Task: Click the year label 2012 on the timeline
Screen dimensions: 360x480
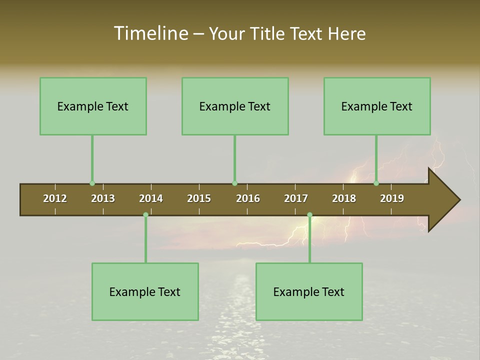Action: click(x=55, y=198)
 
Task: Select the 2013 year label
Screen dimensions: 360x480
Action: click(x=103, y=198)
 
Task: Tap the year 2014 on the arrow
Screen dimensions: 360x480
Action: click(x=151, y=198)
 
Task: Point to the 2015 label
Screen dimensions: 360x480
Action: click(x=199, y=198)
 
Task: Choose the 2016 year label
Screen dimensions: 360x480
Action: click(x=248, y=198)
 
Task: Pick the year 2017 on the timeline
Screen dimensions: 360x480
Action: click(x=296, y=198)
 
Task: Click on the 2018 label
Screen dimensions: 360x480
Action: click(x=344, y=198)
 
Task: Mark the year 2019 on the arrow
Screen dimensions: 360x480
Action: click(x=392, y=198)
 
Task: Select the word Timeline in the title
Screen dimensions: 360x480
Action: click(x=150, y=33)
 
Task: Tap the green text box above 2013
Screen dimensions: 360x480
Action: click(x=93, y=106)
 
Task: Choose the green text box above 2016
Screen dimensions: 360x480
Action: click(x=235, y=106)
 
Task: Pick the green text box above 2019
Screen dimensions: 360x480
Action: click(x=377, y=106)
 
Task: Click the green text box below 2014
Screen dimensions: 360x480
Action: click(x=145, y=291)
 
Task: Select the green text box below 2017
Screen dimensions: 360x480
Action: click(x=309, y=291)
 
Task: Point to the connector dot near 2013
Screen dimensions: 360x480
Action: click(x=92, y=183)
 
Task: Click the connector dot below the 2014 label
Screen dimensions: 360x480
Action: click(x=145, y=215)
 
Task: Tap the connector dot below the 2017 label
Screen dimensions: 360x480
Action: click(x=309, y=215)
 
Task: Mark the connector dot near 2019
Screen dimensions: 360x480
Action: click(x=376, y=183)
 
